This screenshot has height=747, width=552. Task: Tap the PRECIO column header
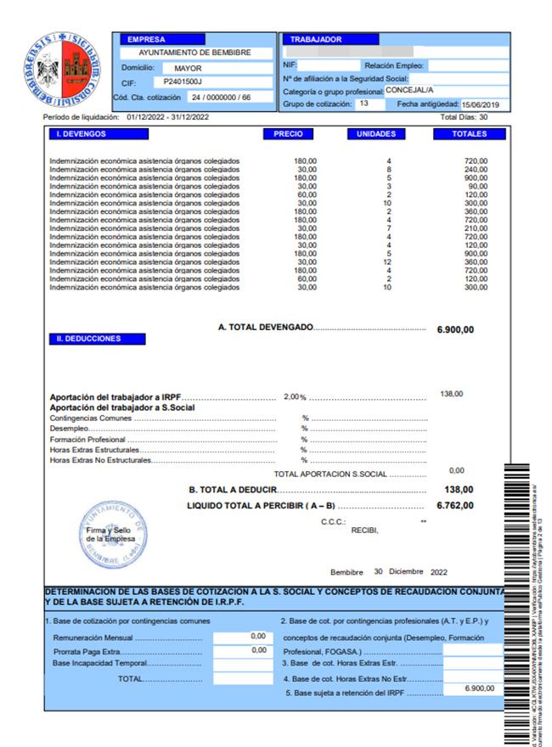point(288,134)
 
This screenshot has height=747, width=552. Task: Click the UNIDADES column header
point(376,134)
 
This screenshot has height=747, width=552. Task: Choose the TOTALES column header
point(469,134)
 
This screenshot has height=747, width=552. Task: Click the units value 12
point(388,262)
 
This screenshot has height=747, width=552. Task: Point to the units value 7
point(388,228)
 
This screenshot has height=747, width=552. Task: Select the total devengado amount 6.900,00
point(454,329)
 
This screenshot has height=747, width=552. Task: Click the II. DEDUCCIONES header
point(97,339)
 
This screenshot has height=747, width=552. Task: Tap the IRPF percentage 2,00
point(291,396)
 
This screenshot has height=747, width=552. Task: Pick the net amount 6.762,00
point(454,506)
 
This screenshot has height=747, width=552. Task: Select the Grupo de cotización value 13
point(363,104)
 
